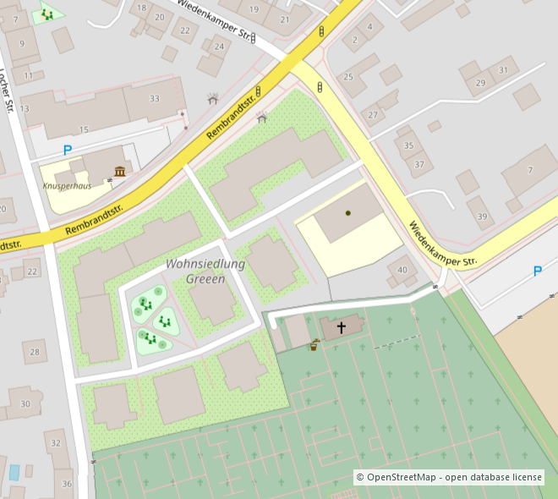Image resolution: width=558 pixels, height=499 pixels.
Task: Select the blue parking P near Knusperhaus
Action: (x=68, y=151)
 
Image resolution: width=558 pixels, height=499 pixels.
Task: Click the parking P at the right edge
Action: (x=537, y=271)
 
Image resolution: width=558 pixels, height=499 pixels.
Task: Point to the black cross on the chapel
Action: (x=342, y=326)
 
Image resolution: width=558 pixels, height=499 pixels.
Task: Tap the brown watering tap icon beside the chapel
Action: (x=315, y=345)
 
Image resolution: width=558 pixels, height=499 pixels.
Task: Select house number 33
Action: (x=154, y=99)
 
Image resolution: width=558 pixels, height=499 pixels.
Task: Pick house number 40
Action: (x=402, y=270)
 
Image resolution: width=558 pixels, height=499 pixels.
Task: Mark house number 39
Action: (x=482, y=217)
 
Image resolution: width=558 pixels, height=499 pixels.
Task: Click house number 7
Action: (x=530, y=170)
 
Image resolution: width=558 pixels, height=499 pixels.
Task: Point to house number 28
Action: (x=35, y=352)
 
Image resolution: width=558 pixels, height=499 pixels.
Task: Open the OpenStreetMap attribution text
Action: (x=449, y=478)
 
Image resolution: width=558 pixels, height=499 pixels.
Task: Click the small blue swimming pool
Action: (x=14, y=472)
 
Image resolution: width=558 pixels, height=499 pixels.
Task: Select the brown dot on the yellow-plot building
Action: (x=347, y=213)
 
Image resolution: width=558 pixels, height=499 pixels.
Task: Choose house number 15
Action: (x=83, y=129)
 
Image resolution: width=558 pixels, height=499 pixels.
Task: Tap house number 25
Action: (x=347, y=77)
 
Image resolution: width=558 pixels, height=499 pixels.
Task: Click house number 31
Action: (x=504, y=70)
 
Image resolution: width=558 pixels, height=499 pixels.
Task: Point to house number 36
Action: (x=66, y=484)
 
